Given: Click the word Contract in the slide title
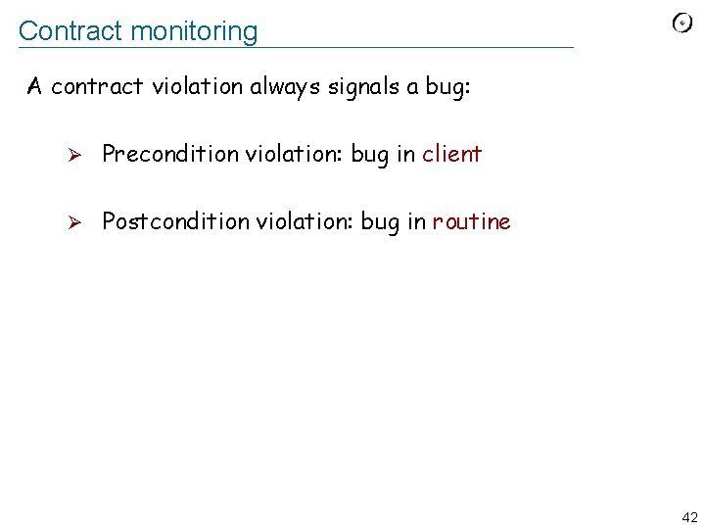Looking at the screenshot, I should click(x=70, y=30).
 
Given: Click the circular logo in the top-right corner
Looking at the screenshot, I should click(x=682, y=23).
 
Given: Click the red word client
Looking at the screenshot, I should click(x=451, y=154).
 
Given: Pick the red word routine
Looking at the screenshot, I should click(x=471, y=221).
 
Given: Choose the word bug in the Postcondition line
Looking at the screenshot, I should click(x=380, y=222).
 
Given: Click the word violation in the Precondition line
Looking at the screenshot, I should click(x=292, y=154).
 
